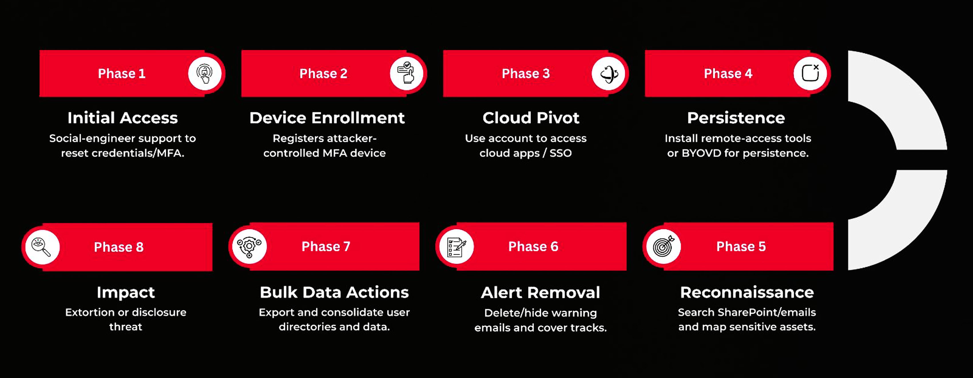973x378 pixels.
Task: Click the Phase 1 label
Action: tap(122, 73)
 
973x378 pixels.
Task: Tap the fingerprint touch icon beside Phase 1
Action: tap(204, 73)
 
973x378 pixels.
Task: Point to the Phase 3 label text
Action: tap(525, 73)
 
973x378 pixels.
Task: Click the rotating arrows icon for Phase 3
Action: tap(609, 73)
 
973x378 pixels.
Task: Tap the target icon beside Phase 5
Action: tap(664, 246)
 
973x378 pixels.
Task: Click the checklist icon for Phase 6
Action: tap(456, 247)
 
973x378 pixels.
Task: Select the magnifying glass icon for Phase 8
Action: tap(41, 247)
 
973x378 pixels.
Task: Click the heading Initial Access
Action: tap(122, 118)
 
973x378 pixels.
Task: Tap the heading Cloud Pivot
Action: tap(531, 118)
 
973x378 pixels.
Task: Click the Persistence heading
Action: tap(736, 118)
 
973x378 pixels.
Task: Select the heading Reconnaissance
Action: tap(747, 292)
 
